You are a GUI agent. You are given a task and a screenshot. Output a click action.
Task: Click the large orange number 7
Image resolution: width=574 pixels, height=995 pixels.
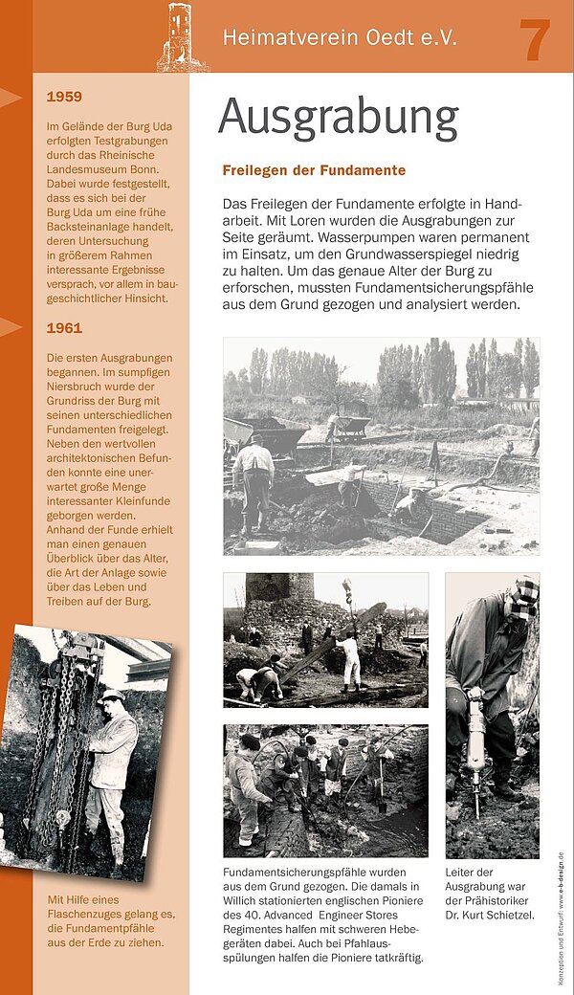(x=535, y=40)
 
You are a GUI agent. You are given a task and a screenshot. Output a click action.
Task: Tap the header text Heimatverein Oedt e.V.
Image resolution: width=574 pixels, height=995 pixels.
(x=340, y=38)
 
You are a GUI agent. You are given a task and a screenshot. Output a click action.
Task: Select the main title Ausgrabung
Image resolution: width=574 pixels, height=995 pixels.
(x=338, y=119)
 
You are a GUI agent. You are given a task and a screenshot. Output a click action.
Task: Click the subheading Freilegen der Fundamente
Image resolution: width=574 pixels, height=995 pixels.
(x=314, y=170)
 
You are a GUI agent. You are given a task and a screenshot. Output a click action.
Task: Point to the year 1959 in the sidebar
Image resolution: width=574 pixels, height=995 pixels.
(x=64, y=97)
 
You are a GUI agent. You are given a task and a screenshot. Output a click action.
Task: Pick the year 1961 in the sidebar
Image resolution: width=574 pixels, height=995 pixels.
(x=64, y=328)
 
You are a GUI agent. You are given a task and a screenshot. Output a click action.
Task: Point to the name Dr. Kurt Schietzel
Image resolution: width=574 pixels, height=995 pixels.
(x=490, y=917)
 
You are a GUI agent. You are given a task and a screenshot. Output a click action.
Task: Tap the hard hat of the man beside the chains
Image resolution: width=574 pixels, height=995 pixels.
(x=112, y=696)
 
